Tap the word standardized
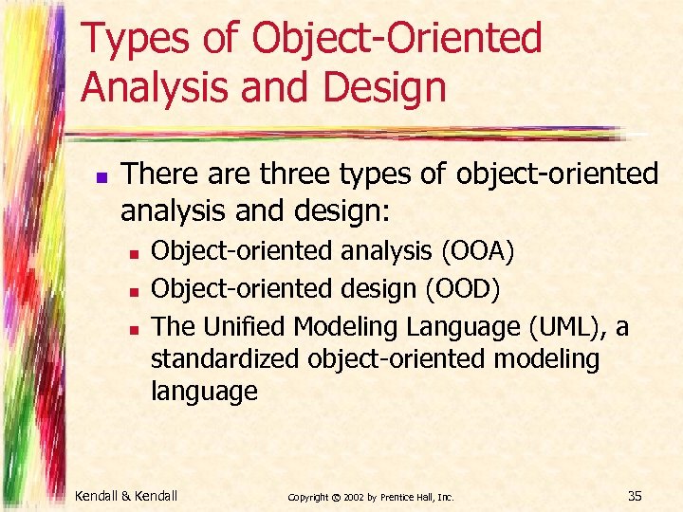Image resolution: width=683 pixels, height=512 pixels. click(226, 359)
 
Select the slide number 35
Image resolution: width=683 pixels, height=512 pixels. click(636, 495)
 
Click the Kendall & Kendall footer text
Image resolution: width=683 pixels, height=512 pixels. click(126, 495)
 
